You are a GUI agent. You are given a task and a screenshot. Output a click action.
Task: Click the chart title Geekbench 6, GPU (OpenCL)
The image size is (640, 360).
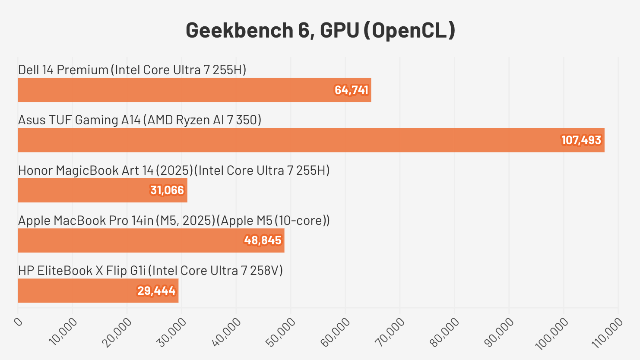320,31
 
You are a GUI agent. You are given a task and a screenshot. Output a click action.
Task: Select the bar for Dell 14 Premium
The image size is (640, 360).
194,90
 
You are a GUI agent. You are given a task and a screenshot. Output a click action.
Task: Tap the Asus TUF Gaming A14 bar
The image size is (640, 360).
311,140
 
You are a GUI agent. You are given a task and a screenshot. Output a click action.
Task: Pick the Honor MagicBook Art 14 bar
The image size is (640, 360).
102,190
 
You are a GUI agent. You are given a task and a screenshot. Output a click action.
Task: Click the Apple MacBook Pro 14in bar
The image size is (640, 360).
151,240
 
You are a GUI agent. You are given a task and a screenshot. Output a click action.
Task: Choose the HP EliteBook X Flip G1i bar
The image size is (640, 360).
98,291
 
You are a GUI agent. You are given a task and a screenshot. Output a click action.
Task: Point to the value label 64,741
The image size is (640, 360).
351,90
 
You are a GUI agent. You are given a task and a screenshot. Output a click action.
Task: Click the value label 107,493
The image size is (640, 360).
581,140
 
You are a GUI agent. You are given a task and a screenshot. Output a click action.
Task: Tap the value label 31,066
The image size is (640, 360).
167,190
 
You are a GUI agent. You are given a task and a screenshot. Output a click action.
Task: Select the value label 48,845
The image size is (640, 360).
263,240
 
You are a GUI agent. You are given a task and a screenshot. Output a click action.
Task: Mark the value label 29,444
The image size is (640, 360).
156,291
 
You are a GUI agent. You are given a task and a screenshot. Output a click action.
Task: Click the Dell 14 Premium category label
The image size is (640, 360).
132,70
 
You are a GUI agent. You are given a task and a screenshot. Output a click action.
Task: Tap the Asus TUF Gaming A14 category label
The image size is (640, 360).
139,120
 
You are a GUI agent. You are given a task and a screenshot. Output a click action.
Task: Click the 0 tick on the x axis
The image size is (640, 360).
18,322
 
